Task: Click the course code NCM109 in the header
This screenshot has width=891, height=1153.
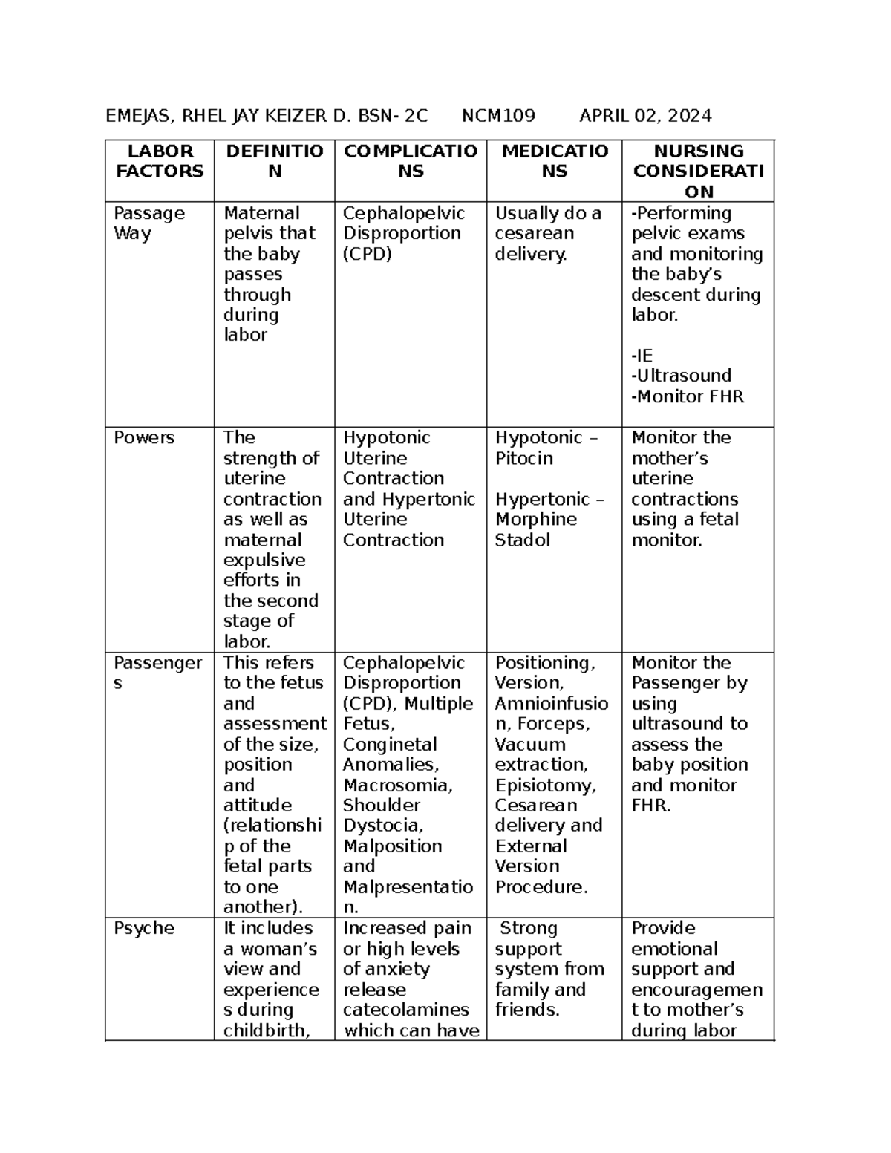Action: (x=498, y=116)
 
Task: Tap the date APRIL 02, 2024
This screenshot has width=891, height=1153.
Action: (x=645, y=116)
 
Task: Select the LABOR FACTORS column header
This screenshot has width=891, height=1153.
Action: (x=160, y=161)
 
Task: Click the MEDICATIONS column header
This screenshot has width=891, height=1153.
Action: (x=555, y=161)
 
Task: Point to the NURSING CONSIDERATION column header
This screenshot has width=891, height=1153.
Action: (x=698, y=172)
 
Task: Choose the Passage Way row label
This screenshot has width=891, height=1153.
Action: (x=148, y=223)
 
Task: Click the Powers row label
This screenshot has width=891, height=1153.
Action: (x=144, y=437)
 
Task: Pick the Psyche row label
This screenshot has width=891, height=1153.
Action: (x=144, y=928)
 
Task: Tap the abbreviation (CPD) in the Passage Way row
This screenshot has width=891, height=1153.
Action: (x=368, y=254)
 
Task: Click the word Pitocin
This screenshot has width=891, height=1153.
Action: (x=524, y=458)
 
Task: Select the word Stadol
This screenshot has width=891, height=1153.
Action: (x=523, y=540)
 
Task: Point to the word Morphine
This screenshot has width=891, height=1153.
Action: (x=536, y=519)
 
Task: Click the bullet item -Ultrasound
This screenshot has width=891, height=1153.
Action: (x=681, y=376)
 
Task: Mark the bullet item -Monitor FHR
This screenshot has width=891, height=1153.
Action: (x=687, y=396)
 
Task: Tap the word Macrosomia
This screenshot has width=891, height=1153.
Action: (x=397, y=785)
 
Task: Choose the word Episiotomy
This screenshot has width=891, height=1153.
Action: (x=545, y=785)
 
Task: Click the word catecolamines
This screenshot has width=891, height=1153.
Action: (x=405, y=1010)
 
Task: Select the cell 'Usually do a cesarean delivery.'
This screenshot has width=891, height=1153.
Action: (x=548, y=233)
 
